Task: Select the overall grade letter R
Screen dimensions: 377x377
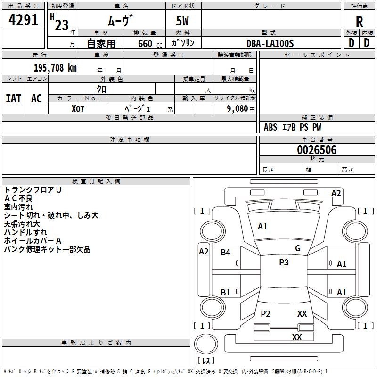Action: pos(359,22)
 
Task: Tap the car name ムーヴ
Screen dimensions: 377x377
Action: pos(122,21)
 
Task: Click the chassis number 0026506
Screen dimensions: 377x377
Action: pos(317,150)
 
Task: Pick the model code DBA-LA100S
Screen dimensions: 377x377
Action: pos(270,43)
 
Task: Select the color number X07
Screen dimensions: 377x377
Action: pos(78,108)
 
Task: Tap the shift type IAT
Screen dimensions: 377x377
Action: pos(13,98)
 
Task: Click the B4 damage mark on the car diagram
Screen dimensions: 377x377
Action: pos(225,253)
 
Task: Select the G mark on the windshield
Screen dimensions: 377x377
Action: pos(298,248)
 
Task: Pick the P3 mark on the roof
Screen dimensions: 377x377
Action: pos(284,262)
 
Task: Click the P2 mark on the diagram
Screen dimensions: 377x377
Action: pos(266,314)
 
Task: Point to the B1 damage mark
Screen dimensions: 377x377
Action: pos(225,292)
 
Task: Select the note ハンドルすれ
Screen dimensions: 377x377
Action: pos(25,232)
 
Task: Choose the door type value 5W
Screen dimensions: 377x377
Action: pos(183,21)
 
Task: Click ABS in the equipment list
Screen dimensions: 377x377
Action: pos(270,127)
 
